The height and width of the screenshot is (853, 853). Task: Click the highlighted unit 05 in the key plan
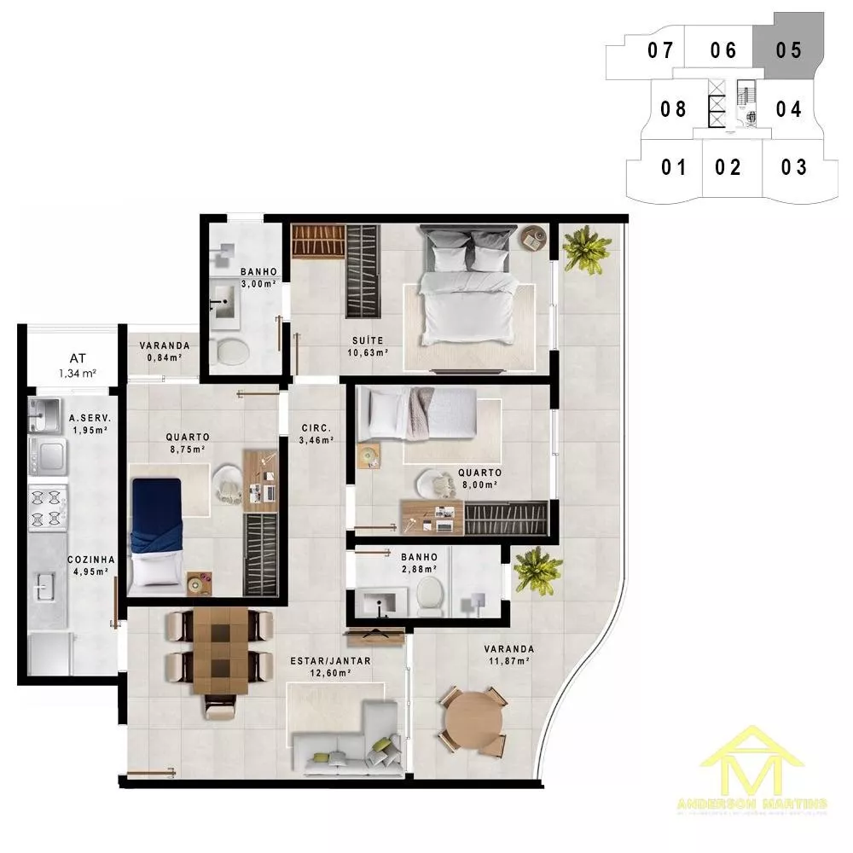tap(789, 49)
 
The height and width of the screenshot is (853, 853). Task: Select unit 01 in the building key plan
tap(673, 166)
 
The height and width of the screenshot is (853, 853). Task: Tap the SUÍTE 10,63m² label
tap(368, 345)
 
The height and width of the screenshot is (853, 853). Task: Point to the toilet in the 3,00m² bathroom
tap(229, 349)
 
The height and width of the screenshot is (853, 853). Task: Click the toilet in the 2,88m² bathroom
tap(431, 595)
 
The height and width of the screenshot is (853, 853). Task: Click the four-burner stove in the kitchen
tap(48, 508)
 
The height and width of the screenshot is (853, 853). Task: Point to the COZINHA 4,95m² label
tap(88, 566)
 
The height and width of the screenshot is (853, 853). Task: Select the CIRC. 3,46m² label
tap(316, 434)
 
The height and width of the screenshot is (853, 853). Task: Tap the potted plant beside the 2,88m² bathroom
tap(537, 570)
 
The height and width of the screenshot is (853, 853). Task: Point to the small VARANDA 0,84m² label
tap(164, 351)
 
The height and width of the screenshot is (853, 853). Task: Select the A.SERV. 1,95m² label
tap(88, 424)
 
